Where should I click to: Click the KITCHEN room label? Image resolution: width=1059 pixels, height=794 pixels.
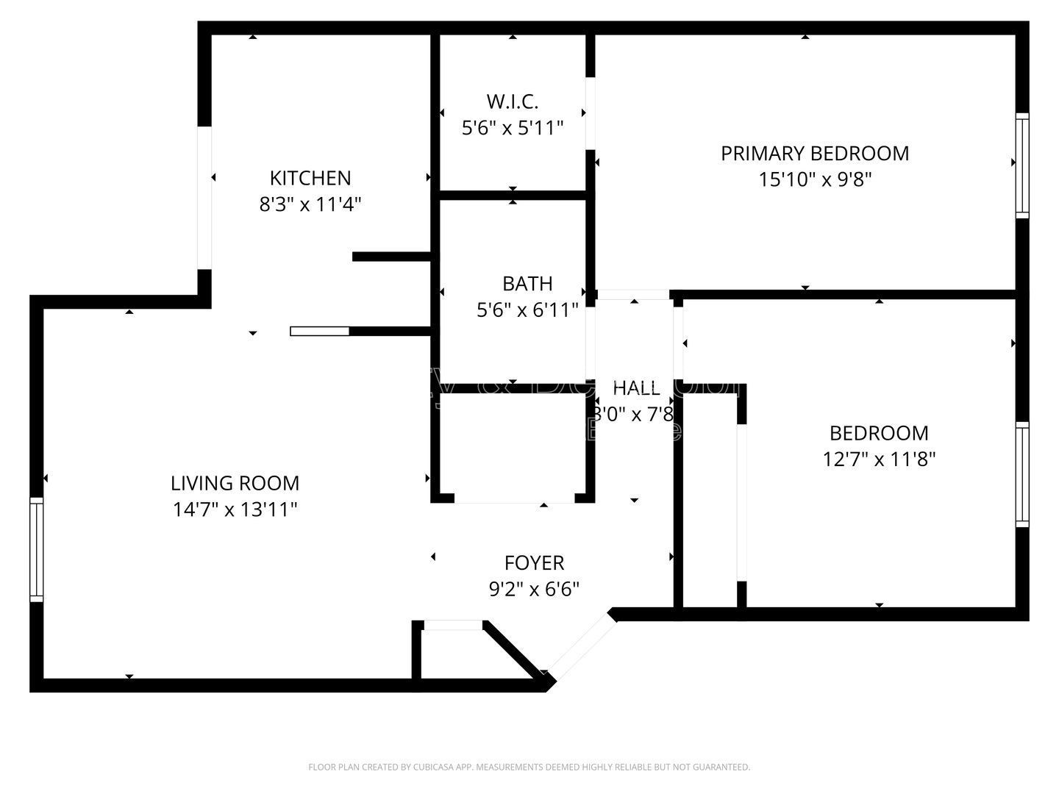pyautogui.click(x=310, y=178)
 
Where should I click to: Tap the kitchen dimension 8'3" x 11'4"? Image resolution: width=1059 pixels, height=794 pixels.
pyautogui.click(x=310, y=204)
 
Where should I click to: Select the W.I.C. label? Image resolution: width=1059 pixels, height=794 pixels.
pyautogui.click(x=512, y=101)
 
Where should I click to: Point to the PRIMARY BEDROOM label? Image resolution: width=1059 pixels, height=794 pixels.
pyautogui.click(x=814, y=153)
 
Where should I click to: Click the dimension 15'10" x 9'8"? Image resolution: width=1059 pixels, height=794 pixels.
pyautogui.click(x=814, y=179)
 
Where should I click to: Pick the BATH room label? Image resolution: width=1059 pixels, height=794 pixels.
pyautogui.click(x=527, y=283)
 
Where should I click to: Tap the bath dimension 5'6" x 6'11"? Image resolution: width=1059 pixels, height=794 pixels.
pyautogui.click(x=527, y=310)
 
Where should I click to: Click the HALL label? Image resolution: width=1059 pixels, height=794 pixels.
pyautogui.click(x=636, y=387)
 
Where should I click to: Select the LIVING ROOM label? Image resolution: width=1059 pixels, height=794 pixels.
pyautogui.click(x=235, y=483)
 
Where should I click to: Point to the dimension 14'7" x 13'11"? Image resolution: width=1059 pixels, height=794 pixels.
pyautogui.click(x=235, y=509)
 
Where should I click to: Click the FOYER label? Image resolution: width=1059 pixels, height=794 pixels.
pyautogui.click(x=534, y=562)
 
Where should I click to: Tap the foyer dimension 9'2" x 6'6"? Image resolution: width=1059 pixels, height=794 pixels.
pyautogui.click(x=534, y=589)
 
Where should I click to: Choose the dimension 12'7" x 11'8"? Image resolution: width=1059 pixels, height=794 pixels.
pyautogui.click(x=878, y=459)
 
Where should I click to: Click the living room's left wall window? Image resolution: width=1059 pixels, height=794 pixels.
pyautogui.click(x=36, y=549)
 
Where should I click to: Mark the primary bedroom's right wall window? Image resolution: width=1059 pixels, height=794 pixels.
pyautogui.click(x=1022, y=165)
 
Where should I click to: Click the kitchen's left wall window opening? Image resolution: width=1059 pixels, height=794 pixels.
pyautogui.click(x=204, y=198)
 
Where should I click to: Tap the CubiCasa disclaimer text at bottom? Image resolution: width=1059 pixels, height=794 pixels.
pyautogui.click(x=529, y=767)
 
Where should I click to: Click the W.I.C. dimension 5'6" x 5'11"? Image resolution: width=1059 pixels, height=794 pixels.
pyautogui.click(x=512, y=128)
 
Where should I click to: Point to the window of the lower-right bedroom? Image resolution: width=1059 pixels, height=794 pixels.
pyautogui.click(x=1022, y=474)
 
